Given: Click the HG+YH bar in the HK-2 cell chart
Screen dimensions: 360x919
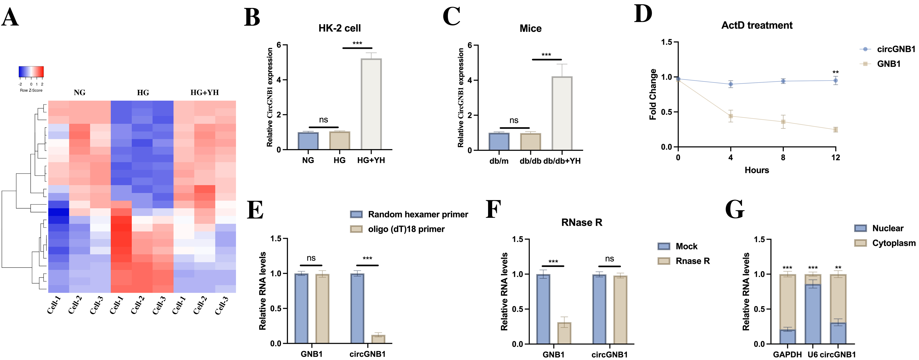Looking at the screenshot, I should click(371, 104).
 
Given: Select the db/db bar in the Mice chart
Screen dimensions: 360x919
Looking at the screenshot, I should click(531, 142).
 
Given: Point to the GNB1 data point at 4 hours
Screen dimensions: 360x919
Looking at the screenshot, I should click(731, 116).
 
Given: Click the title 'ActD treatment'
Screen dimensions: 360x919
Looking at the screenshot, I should click(757, 25).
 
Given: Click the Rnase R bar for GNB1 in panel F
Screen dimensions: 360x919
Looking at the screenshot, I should click(564, 333).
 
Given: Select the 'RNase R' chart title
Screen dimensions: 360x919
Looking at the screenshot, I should click(581, 223).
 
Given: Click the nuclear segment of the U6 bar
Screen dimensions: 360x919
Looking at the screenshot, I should click(813, 314).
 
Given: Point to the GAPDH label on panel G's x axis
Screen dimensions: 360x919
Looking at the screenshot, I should click(787, 355).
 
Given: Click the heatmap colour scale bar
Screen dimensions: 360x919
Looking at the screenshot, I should click(31, 72).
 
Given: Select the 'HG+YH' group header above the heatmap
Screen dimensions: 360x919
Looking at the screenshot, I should click(204, 92).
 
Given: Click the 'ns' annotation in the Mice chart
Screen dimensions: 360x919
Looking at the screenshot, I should click(514, 120).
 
